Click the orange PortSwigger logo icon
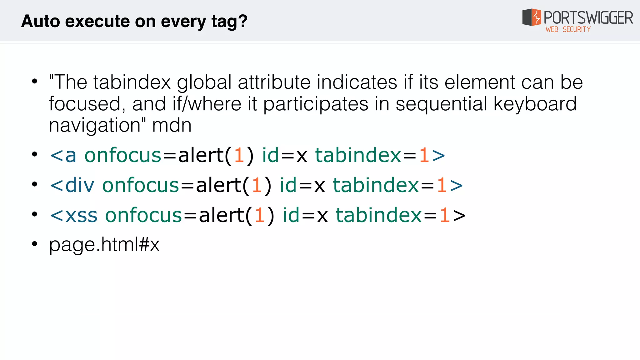point(536,17)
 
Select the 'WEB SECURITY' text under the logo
point(568,29)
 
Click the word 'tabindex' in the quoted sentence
point(132,82)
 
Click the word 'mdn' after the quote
point(172,125)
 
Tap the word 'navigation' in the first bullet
point(95,125)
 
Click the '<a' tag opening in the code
point(63,155)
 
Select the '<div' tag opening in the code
point(72,185)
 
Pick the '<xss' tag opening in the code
point(74,215)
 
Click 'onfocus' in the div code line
point(141,185)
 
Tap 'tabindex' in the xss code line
point(379,215)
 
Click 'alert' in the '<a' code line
point(201,155)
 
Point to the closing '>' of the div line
point(456,185)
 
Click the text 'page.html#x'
point(104,244)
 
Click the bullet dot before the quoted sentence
point(34,82)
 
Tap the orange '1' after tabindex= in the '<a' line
point(424,155)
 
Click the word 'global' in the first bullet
point(204,82)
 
